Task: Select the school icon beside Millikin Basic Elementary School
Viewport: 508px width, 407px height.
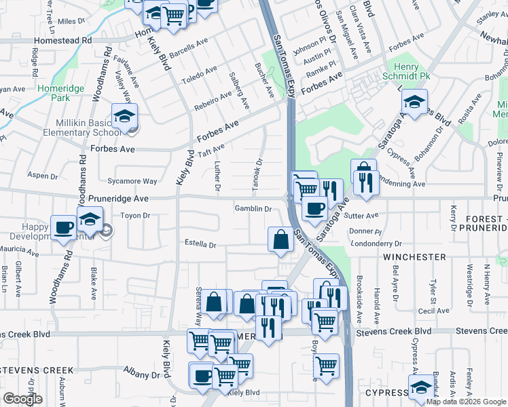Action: pos(125,117)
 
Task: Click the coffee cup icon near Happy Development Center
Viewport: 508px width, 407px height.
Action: pos(64,228)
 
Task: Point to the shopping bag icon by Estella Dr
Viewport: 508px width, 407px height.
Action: pos(280,239)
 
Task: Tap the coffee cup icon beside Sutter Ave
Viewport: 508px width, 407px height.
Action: pos(314,208)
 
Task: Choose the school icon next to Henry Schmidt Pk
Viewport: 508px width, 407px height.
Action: pos(412,103)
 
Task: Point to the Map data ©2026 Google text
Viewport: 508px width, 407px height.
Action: pos(466,402)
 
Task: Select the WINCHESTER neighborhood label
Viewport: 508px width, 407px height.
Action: pos(414,258)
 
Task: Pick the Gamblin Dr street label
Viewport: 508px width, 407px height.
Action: pos(253,209)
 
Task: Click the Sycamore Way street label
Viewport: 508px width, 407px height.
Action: pos(132,181)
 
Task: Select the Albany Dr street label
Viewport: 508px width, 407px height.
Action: pos(141,374)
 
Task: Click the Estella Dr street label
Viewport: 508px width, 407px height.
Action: pos(200,244)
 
